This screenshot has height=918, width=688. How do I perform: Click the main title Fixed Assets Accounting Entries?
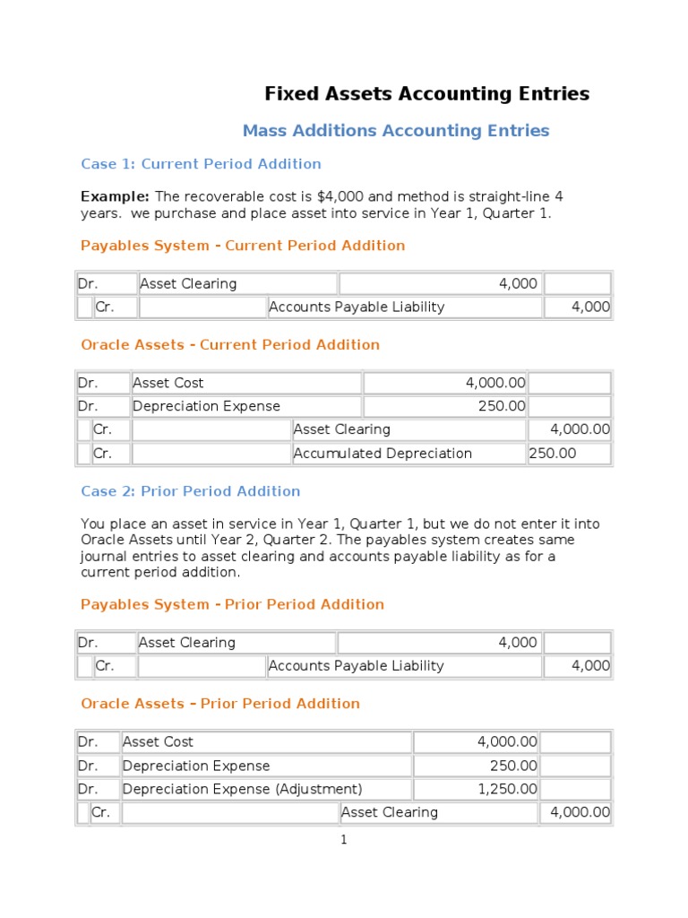click(x=426, y=94)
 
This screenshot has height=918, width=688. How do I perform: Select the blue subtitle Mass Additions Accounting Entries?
click(x=395, y=131)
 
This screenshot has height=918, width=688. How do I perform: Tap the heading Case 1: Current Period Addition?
click(x=201, y=164)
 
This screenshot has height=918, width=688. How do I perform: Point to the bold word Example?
click(x=116, y=196)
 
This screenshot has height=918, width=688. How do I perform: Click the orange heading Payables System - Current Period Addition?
click(x=243, y=246)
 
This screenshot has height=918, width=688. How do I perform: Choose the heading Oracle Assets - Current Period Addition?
click(x=230, y=345)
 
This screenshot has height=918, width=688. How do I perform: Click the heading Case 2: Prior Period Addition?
click(x=190, y=491)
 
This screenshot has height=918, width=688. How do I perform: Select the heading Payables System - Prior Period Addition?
click(x=232, y=604)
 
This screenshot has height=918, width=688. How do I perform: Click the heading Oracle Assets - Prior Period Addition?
click(x=220, y=704)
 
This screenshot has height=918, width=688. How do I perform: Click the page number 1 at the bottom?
click(x=343, y=840)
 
